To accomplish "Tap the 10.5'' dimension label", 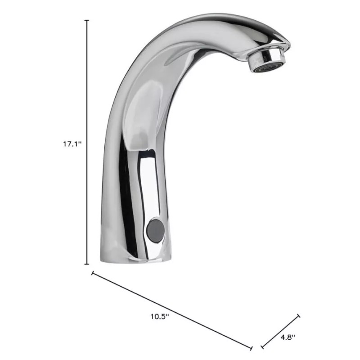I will pos(159,316).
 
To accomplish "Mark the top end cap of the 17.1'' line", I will pos(86,20).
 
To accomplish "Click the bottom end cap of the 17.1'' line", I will pos(86,264).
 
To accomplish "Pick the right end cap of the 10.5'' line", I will pos(252,347).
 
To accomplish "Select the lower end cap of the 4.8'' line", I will pos(262,346).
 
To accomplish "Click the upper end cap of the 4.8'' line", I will pos(298,316).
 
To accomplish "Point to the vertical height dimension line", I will pos(86,90).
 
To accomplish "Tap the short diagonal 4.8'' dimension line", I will pos(280,331).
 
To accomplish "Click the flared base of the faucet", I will pos(135,252).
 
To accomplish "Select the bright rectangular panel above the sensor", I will pos(147,180).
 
